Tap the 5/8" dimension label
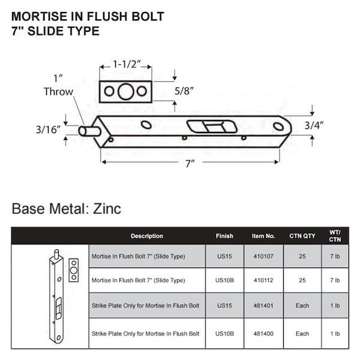coord(184,92)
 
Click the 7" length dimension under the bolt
coord(190,163)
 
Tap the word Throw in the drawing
coord(58,92)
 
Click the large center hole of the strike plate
coord(125,92)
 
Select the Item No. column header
coord(263,236)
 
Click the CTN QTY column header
coord(302,236)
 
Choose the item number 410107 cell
coord(263,256)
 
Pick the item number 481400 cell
coord(263,334)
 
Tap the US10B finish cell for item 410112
coord(224,280)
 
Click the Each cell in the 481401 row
coord(302,306)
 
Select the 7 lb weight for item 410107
coord(335,256)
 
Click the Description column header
coord(147,236)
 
